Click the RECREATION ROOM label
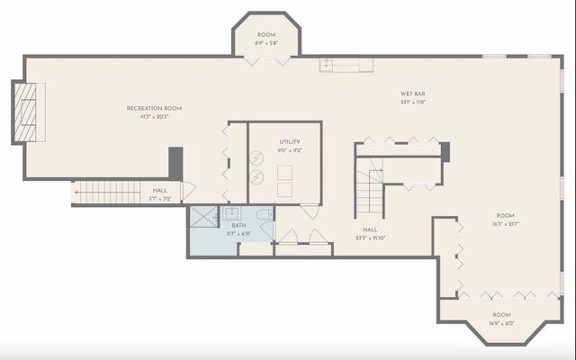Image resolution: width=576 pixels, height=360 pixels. [x=154, y=109]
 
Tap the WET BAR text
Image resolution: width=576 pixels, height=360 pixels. [x=413, y=94]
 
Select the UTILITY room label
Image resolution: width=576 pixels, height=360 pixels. [x=289, y=141]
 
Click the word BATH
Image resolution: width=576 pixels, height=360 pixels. [x=238, y=225]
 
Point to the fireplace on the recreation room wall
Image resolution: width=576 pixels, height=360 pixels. [x=26, y=112]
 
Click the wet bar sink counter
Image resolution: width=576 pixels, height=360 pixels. [x=346, y=64]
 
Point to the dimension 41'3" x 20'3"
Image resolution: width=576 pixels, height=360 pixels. [x=154, y=117]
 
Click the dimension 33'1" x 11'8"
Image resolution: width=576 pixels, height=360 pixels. [x=413, y=103]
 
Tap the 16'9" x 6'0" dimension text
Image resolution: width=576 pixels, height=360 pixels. [x=501, y=323]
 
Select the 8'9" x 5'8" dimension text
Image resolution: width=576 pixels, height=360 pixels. [x=266, y=42]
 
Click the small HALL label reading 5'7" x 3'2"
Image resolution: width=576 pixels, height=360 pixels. [x=159, y=198]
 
